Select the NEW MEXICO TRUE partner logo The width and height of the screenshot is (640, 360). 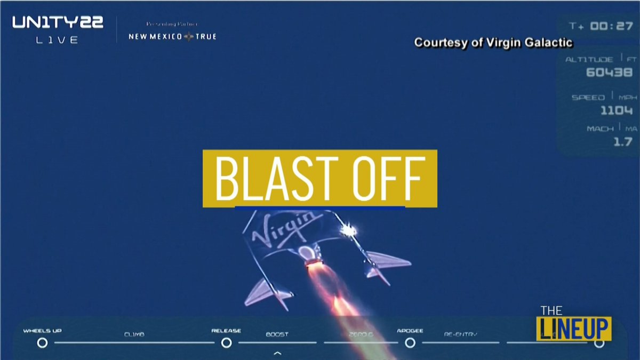[172, 36]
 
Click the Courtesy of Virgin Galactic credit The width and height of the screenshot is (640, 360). [493, 43]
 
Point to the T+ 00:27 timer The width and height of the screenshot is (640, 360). [601, 26]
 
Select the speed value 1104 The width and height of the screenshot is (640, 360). [616, 110]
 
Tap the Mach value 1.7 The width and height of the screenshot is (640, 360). [622, 142]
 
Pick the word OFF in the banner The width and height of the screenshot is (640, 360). [388, 178]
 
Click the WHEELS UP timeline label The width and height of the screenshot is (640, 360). [42, 331]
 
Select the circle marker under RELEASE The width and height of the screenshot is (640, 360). [226, 342]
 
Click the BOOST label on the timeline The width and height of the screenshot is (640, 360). [277, 334]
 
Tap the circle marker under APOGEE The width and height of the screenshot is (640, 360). [410, 342]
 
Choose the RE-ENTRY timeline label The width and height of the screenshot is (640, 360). [461, 334]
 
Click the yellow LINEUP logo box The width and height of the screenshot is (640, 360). [573, 329]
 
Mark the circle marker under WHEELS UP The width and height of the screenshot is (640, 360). [42, 342]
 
